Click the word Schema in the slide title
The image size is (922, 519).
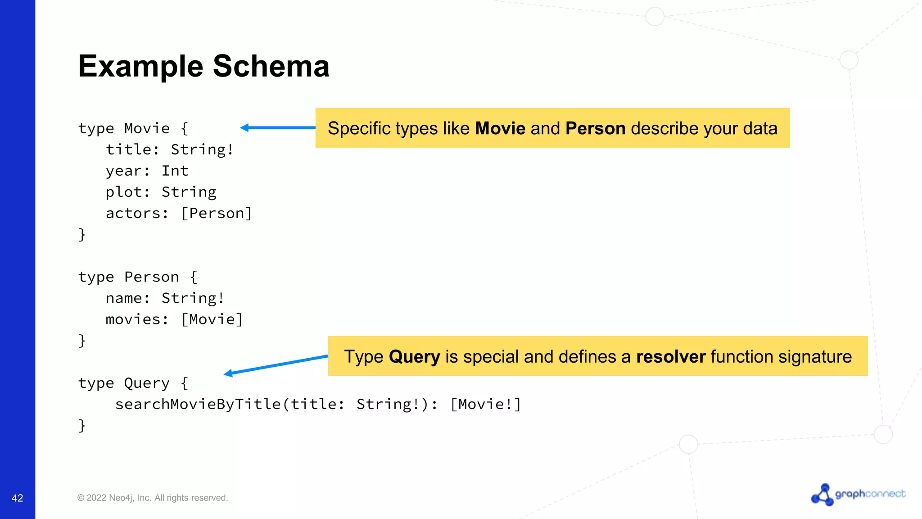(271, 66)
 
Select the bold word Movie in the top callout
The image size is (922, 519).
(500, 128)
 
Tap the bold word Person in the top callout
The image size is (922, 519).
(595, 128)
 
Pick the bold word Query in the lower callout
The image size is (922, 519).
(414, 357)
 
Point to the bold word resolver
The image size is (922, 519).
(670, 357)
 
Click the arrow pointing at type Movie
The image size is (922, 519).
(277, 128)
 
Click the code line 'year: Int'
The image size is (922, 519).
(147, 171)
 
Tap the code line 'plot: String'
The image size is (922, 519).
(161, 192)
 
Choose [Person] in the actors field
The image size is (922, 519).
(217, 213)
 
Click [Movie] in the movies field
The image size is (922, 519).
(212, 319)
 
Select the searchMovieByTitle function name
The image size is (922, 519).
(198, 404)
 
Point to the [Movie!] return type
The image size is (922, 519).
(486, 404)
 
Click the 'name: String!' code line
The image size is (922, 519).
(165, 298)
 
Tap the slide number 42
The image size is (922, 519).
(17, 498)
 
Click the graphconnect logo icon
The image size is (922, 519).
(823, 495)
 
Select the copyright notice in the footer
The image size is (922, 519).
(153, 498)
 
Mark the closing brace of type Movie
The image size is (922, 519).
(82, 234)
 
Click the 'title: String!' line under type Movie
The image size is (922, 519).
(170, 150)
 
